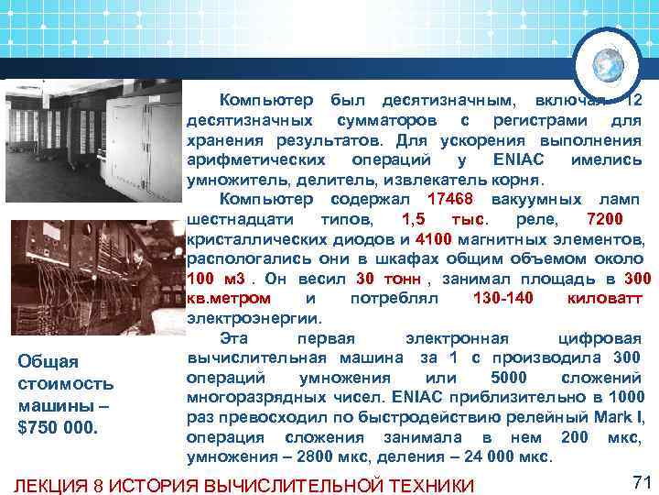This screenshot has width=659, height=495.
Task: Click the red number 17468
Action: [x=453, y=200]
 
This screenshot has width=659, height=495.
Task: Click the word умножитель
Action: [x=234, y=180]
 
